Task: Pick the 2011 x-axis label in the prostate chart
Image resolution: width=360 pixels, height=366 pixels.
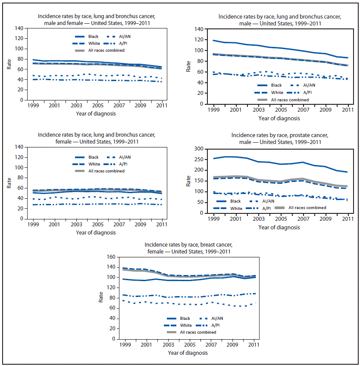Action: click(347, 220)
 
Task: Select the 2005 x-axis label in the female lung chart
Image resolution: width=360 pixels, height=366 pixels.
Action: click(98, 225)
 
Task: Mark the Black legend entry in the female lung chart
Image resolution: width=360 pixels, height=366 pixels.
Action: click(94, 157)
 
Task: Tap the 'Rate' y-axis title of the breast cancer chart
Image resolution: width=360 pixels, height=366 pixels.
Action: click(101, 297)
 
